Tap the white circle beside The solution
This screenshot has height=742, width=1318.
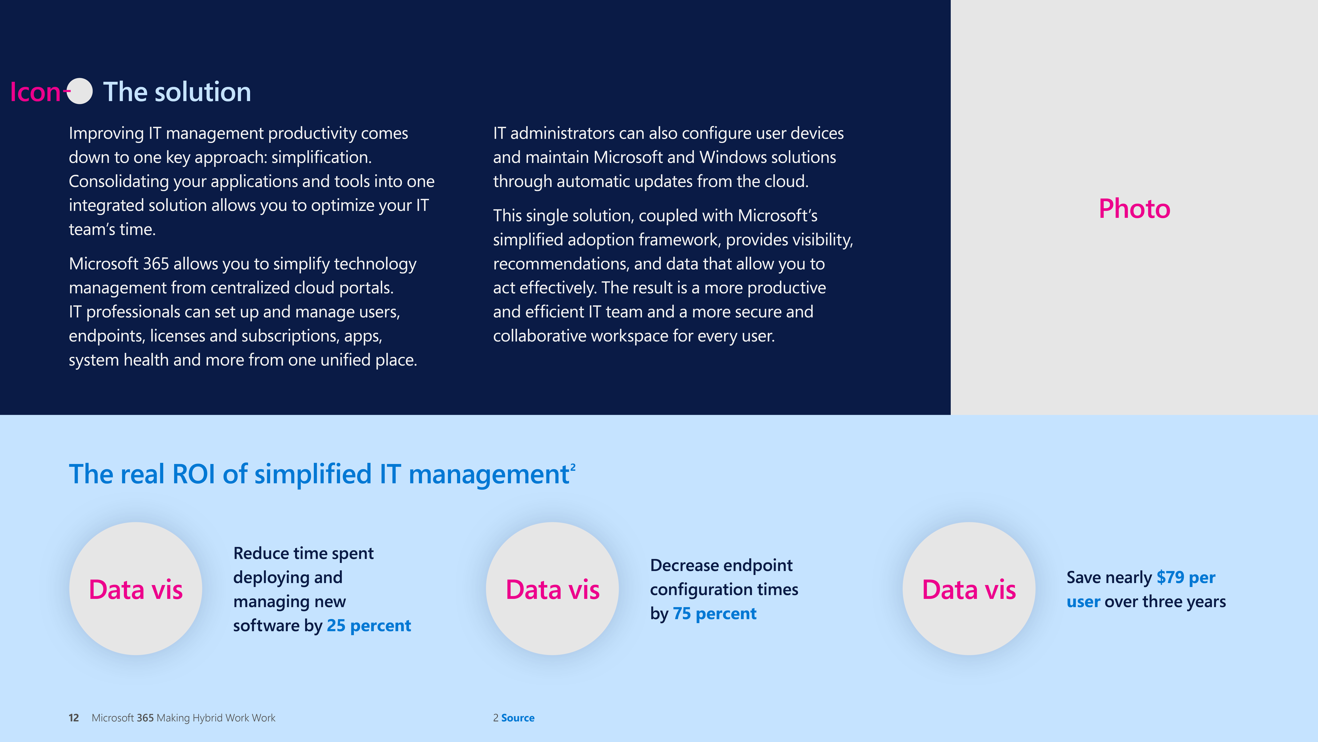pos(80,91)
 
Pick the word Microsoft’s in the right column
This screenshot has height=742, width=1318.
pos(778,216)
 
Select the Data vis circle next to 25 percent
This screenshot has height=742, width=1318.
pos(136,589)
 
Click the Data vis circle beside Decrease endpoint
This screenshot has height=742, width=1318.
pos(553,589)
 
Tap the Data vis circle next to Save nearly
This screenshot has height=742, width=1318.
pos(969,589)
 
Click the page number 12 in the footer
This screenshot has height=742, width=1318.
pos(74,718)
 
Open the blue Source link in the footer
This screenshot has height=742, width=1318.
pos(518,718)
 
